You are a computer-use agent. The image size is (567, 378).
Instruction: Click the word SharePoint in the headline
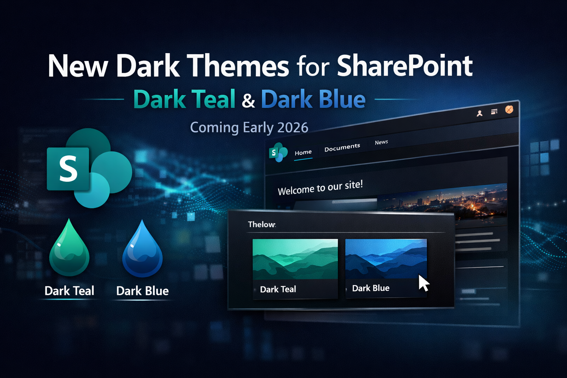[x=405, y=66]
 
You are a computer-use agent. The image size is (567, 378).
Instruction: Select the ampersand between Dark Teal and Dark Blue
[x=248, y=100]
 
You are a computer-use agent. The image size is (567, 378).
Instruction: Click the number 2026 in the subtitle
[x=293, y=127]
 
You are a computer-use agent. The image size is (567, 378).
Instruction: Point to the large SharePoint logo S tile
[x=68, y=169]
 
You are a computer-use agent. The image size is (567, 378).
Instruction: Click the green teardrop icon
[x=69, y=247]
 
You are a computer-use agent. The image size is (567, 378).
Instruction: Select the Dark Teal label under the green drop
[x=69, y=291]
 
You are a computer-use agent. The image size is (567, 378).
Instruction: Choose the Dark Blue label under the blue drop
[x=142, y=291]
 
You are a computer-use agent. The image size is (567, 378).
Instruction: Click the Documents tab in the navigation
[x=342, y=147]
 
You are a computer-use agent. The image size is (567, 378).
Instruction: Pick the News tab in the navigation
[x=381, y=142]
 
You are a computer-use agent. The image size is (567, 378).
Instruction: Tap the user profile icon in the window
[x=480, y=113]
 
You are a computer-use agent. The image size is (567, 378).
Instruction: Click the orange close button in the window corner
[x=509, y=110]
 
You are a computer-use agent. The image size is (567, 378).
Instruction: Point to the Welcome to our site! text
[x=320, y=188]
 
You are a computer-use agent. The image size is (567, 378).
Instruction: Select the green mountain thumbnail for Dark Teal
[x=295, y=259]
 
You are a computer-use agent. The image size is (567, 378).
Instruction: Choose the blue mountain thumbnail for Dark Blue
[x=386, y=258]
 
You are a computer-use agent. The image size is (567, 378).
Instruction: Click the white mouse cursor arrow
[x=423, y=283]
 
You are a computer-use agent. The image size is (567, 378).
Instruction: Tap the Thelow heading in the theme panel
[x=262, y=224]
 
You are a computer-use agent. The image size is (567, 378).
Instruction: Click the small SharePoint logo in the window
[x=278, y=152]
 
